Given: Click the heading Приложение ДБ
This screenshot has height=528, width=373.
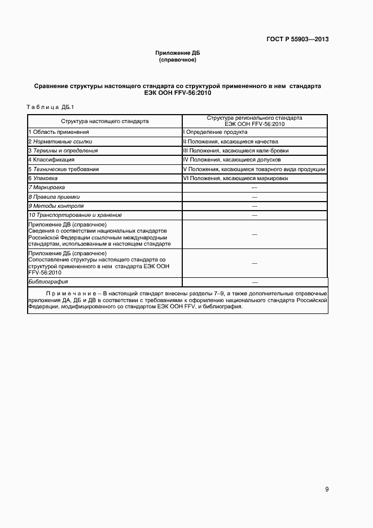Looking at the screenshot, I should coord(178,53).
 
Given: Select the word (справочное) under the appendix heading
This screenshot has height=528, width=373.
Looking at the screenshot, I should coord(178,59).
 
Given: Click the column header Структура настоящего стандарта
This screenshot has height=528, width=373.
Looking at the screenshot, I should coord(105,121).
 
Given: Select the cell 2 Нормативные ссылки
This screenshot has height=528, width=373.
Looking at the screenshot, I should coord(60,141).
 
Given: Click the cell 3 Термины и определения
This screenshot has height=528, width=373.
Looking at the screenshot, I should coord(63,151).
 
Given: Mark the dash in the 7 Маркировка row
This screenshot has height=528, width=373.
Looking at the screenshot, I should coord(254,187).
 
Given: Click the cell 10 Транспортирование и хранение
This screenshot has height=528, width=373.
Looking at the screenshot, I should coord(75,215).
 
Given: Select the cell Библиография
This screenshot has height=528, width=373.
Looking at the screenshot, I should coord(49,281).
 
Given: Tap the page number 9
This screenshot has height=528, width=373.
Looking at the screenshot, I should coord(327,490).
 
